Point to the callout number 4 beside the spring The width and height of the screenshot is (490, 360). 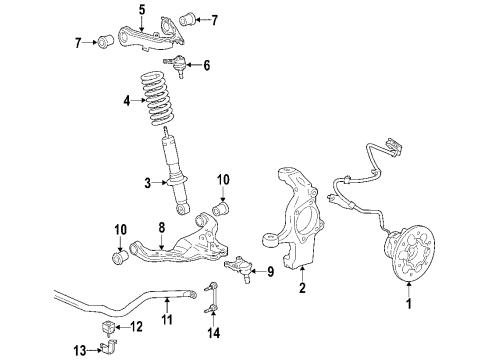coord(126,100)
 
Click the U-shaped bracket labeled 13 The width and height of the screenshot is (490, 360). coord(110,349)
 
